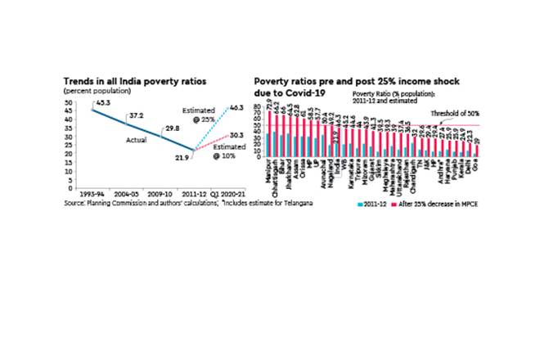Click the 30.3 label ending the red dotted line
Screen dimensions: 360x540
pyautogui.click(x=235, y=133)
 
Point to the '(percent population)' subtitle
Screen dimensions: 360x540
pyautogui.click(x=92, y=90)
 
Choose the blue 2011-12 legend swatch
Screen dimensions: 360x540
pyautogui.click(x=359, y=202)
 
